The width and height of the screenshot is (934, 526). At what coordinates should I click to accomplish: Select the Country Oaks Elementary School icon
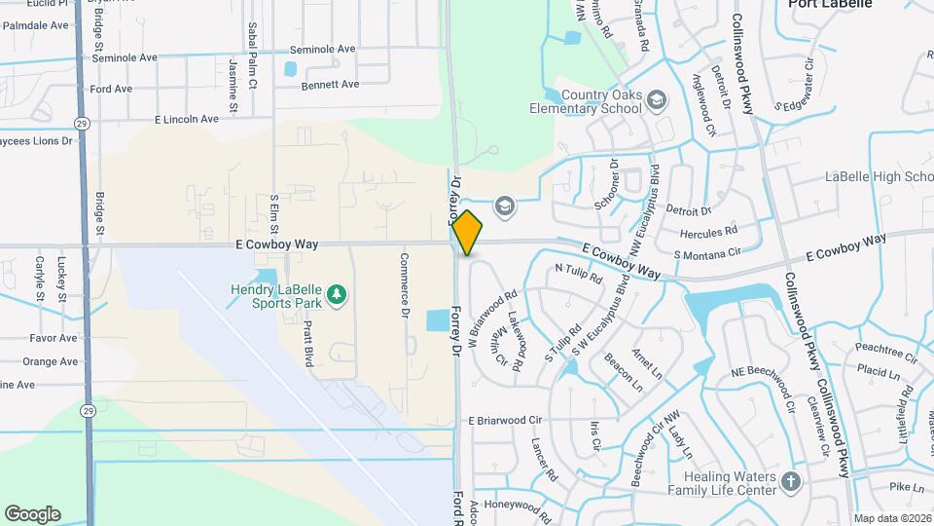(657, 101)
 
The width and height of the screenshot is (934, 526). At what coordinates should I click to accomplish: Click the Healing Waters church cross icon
(791, 481)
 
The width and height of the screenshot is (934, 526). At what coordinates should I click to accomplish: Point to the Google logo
(32, 514)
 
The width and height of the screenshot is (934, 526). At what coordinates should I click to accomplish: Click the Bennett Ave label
(330, 85)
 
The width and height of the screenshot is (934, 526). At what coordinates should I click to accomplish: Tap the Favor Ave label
(53, 339)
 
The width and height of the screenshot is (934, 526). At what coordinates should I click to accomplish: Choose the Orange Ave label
(50, 361)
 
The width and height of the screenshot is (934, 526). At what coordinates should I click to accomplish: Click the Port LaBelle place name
(830, 5)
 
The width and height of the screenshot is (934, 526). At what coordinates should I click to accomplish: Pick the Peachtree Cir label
(886, 348)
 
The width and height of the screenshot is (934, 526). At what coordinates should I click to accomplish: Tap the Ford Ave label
(111, 89)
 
